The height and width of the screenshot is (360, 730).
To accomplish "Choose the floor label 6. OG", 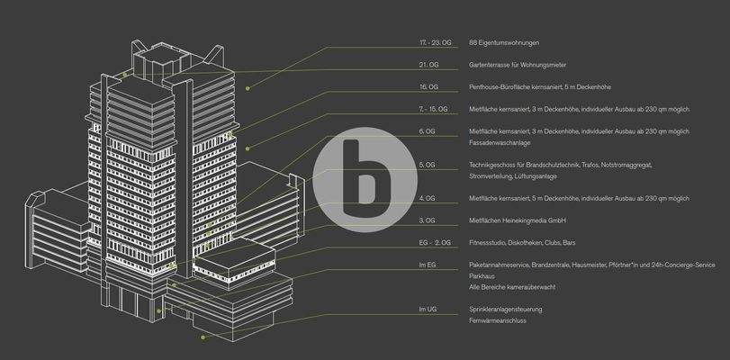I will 427,131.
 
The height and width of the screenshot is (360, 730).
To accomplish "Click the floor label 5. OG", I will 427,165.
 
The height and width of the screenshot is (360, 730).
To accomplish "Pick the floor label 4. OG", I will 427,198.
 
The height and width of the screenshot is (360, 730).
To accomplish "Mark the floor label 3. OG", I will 427,220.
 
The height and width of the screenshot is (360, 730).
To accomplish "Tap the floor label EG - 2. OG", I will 435,243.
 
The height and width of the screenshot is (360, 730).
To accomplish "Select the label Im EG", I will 427,265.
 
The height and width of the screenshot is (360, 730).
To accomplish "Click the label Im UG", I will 428,309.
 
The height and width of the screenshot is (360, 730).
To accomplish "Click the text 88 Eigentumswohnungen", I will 504,42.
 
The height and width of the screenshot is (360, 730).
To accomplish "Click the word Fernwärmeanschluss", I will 499,319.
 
